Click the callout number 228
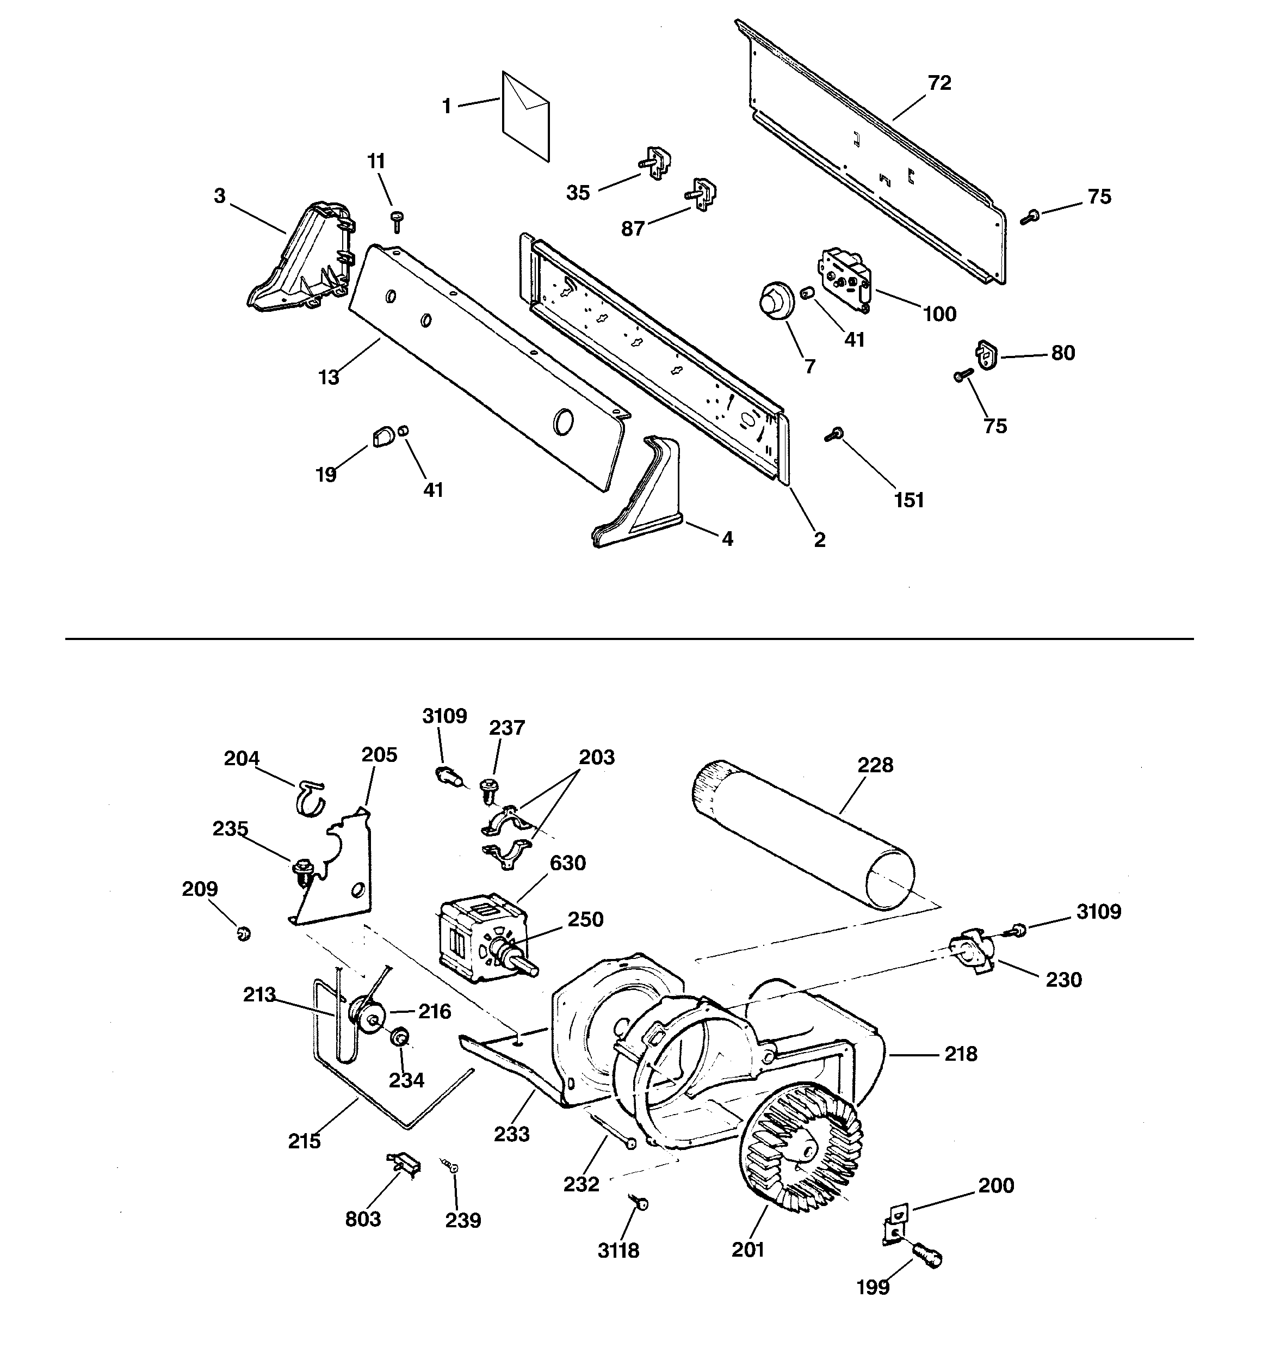(x=875, y=765)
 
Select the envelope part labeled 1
(x=525, y=116)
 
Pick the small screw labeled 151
(x=834, y=434)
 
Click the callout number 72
(x=939, y=83)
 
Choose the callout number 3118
(x=618, y=1251)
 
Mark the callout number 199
(x=873, y=1287)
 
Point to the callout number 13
(x=329, y=377)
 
